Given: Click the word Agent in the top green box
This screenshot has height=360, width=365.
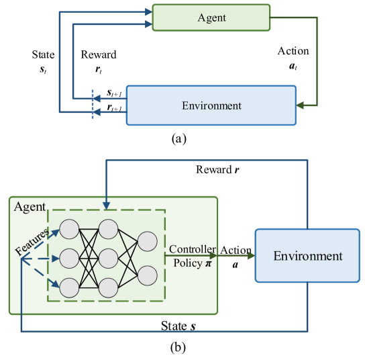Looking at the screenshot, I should (211, 18).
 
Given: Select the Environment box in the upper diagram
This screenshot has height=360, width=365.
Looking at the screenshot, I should (211, 105).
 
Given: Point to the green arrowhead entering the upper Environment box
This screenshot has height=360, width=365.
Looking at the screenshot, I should (301, 105).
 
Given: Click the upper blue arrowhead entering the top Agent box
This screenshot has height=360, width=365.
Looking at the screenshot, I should (148, 11).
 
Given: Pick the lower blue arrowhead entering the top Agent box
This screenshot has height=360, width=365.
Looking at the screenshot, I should (148, 25).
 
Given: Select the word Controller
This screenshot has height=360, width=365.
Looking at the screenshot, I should (193, 249).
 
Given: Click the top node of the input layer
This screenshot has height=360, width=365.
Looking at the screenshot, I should (69, 228).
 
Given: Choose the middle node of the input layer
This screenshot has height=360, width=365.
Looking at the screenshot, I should (69, 258).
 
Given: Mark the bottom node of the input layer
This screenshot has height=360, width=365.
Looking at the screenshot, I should (69, 287).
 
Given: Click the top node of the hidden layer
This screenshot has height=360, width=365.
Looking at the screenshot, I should (109, 228).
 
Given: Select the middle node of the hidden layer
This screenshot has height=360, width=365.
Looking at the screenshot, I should (109, 258).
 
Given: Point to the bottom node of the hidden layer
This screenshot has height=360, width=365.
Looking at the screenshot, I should (109, 287).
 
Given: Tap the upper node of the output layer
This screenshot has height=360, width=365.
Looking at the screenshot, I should (148, 241).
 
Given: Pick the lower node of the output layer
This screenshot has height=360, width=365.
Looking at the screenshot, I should (148, 275).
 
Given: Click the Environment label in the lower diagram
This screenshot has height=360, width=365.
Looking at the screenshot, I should (307, 256).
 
